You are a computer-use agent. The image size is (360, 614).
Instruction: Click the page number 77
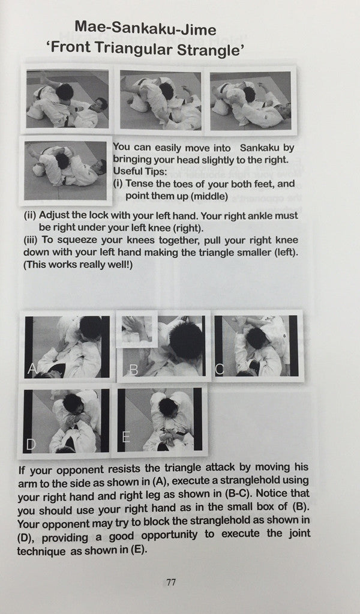click(x=171, y=582)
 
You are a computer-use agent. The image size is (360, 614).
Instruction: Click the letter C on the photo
click(x=220, y=369)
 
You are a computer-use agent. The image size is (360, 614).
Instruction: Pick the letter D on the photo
click(x=31, y=444)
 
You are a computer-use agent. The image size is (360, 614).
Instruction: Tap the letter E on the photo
click(x=126, y=438)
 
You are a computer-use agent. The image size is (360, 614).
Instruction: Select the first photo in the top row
click(x=68, y=99)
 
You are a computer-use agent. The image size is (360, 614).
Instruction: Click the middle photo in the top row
click(x=160, y=100)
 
